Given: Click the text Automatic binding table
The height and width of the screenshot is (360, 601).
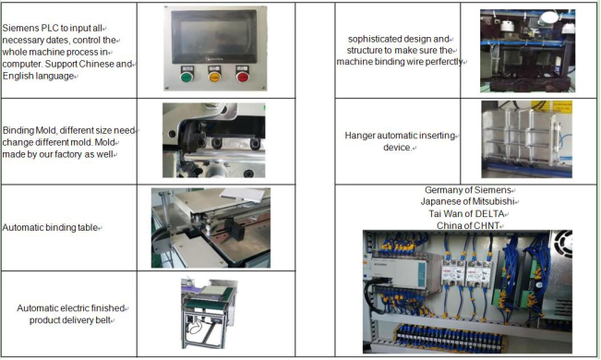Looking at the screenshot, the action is [x=51, y=227].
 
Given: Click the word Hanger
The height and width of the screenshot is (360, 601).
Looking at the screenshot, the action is [x=360, y=136].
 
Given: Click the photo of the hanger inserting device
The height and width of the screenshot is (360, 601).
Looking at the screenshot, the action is [x=523, y=138].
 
